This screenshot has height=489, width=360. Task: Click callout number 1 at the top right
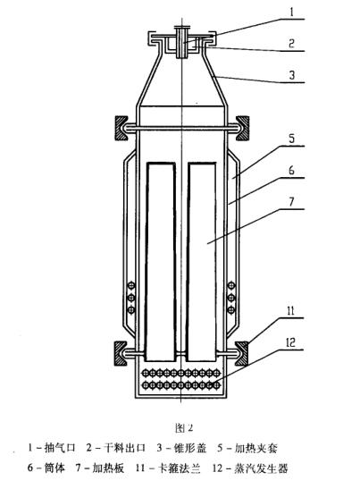pyautogui.click(x=292, y=13)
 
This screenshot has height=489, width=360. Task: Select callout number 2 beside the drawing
pyautogui.click(x=291, y=43)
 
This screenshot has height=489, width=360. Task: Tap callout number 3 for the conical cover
pyautogui.click(x=292, y=75)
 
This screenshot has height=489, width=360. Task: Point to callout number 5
pyautogui.click(x=292, y=139)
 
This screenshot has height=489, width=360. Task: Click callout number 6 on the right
pyautogui.click(x=292, y=170)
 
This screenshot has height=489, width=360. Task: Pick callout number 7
pyautogui.click(x=292, y=201)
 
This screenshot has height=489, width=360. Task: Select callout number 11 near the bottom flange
pyautogui.click(x=290, y=311)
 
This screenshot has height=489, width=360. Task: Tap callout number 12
pyautogui.click(x=290, y=342)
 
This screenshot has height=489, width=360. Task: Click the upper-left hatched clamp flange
pyautogui.click(x=121, y=128)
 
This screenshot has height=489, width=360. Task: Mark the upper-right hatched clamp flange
pyautogui.click(x=242, y=128)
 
